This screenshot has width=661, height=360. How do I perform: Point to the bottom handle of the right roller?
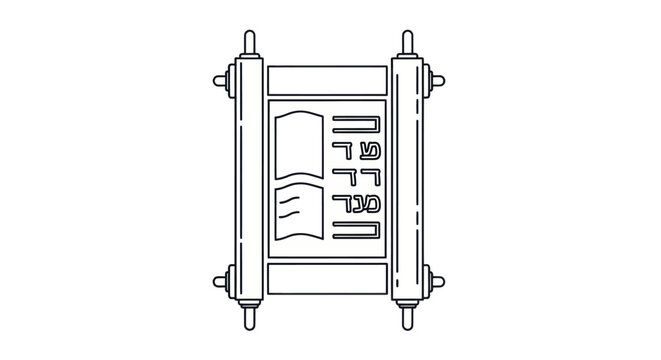pyautogui.click(x=408, y=318)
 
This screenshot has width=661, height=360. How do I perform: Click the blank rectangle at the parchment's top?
pyautogui.click(x=327, y=79)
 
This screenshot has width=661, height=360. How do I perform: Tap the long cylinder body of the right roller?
pyautogui.click(x=408, y=180)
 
